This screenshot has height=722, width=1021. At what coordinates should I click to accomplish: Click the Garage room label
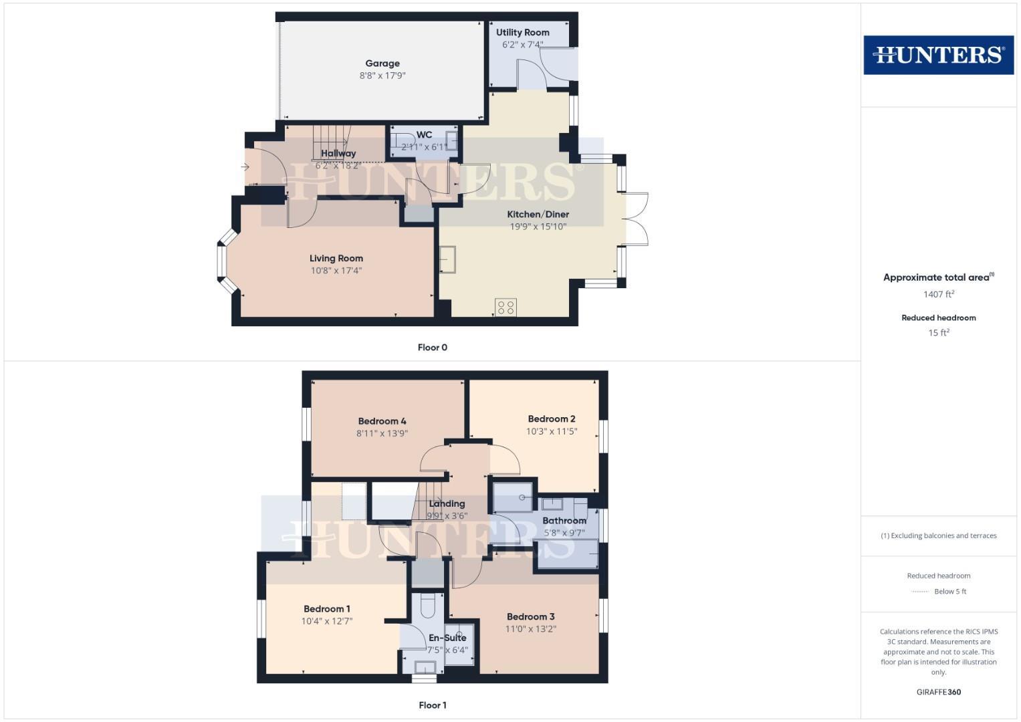382,64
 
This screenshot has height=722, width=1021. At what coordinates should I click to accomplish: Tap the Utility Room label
522,32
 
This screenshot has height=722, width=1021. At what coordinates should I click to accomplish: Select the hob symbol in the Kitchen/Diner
505,307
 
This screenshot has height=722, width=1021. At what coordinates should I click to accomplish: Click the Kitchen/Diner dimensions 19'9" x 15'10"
538,227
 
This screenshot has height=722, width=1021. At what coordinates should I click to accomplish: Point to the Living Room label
336,259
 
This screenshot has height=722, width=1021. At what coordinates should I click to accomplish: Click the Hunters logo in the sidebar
938,55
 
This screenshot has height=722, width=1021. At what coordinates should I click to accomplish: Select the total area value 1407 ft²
938,294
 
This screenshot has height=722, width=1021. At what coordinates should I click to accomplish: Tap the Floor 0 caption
432,348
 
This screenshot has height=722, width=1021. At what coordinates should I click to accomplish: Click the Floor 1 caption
432,705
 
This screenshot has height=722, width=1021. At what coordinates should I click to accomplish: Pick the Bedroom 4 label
382,421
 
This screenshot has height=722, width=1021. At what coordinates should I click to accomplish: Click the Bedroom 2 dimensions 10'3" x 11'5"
551,432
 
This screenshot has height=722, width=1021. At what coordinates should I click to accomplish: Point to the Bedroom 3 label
530,617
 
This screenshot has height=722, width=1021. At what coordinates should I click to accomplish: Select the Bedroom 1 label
326,609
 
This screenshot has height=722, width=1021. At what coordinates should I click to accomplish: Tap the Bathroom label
564,521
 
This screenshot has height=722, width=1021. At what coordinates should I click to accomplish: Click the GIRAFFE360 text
938,693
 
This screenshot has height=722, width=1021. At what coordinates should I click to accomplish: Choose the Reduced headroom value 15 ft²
938,333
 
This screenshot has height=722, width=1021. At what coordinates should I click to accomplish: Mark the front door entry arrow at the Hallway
245,167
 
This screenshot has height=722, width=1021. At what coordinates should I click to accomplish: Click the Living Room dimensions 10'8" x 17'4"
336,271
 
